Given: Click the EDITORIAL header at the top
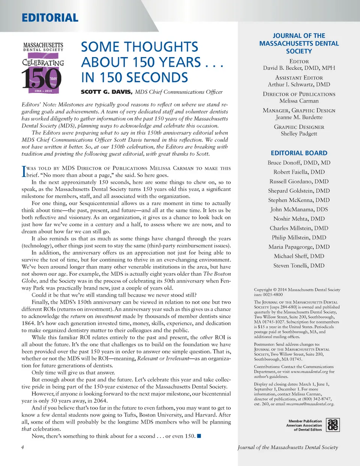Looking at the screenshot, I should tap(50, 18).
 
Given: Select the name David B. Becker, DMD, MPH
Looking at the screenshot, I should tap(299, 68).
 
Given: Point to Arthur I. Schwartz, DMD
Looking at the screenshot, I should tap(299, 84).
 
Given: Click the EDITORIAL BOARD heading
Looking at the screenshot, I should tap(299, 153).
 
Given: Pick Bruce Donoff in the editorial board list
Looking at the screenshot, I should tap(299, 162).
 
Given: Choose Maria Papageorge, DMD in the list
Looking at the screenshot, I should tap(299, 247).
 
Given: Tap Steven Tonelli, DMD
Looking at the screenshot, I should tap(299, 266).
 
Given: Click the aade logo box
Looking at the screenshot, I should tap(333, 425).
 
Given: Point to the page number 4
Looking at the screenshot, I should tap(22, 447).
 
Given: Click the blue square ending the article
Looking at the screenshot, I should tap(199, 436).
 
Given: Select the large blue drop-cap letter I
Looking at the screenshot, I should tap(24, 171).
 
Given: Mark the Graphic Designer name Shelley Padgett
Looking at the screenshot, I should tap(299, 134).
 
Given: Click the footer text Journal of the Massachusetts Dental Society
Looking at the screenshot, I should tap(288, 447).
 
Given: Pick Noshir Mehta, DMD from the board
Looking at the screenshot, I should tap(299, 219).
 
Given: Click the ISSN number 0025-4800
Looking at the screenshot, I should tap(273, 295).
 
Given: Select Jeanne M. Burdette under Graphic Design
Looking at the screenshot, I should tap(299, 117).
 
